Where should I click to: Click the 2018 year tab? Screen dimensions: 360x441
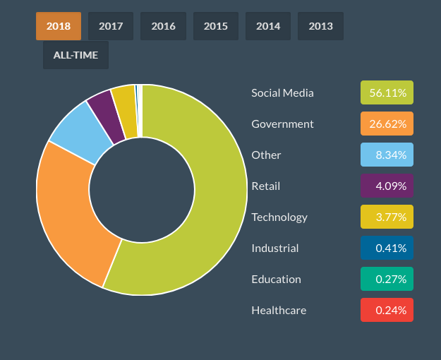pyautogui.click(x=59, y=26)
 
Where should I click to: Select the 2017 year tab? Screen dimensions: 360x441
pyautogui.click(x=111, y=26)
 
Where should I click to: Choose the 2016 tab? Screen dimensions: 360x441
pyautogui.click(x=163, y=26)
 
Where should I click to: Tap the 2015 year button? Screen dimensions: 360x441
pyautogui.click(x=216, y=26)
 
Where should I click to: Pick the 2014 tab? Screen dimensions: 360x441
pyautogui.click(x=268, y=26)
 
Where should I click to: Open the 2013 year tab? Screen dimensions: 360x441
pyautogui.click(x=320, y=26)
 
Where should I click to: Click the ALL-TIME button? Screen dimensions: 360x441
pyautogui.click(x=75, y=55)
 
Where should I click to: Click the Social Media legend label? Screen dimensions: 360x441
pyautogui.click(x=282, y=92)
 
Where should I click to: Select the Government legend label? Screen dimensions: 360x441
pyautogui.click(x=282, y=124)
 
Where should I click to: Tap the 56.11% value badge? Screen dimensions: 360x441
pyautogui.click(x=387, y=92)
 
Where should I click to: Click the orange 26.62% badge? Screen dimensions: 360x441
pyautogui.click(x=387, y=124)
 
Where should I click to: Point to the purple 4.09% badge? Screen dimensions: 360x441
pyautogui.click(x=387, y=186)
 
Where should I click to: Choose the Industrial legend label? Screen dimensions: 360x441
pyautogui.click(x=274, y=248)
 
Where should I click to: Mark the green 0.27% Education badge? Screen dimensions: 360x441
pyautogui.click(x=387, y=279)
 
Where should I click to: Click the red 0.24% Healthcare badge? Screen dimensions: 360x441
pyautogui.click(x=387, y=310)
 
